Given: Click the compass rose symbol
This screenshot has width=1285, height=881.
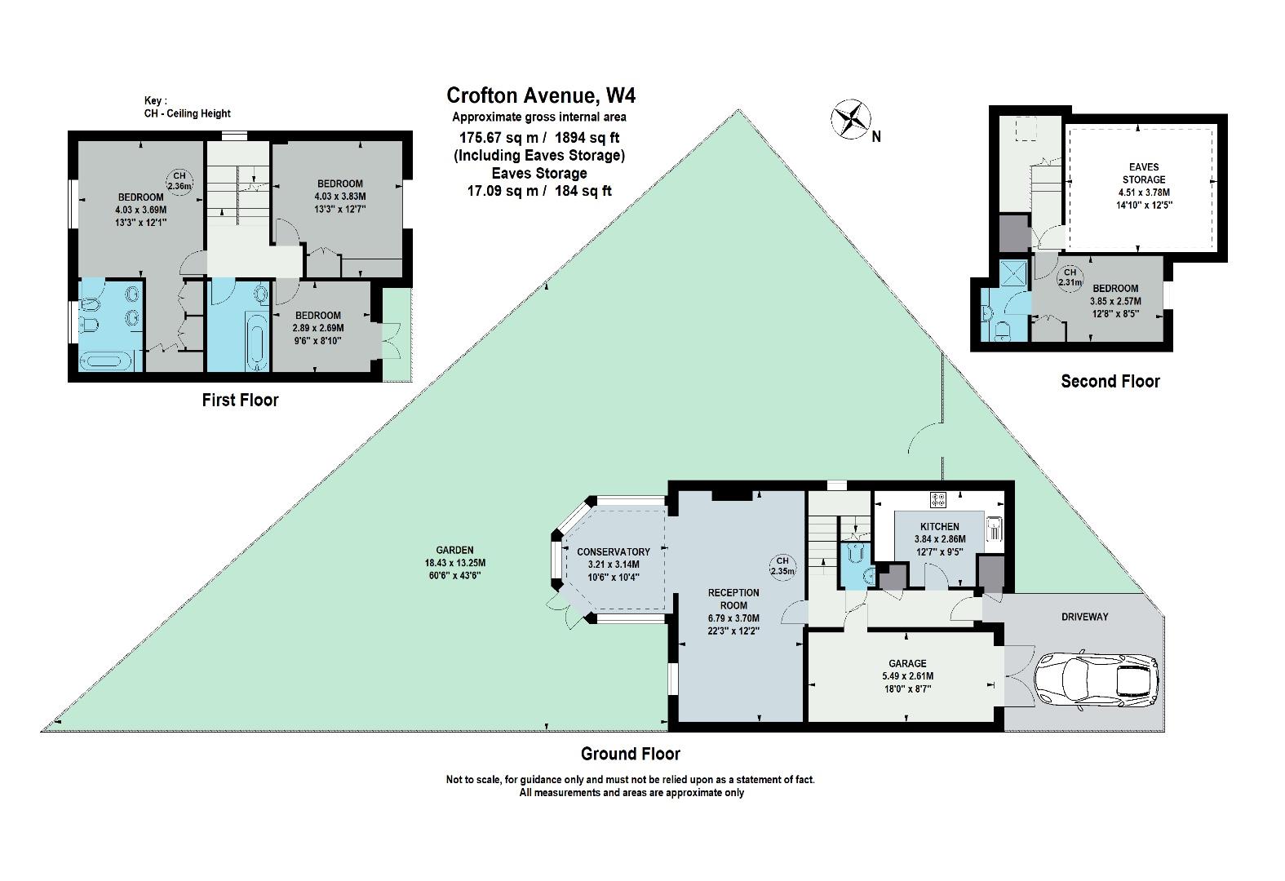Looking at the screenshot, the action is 850,119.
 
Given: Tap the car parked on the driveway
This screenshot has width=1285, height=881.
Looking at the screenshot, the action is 1097,680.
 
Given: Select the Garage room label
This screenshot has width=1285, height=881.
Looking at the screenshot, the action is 907,663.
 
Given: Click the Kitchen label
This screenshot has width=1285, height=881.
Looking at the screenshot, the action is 940,526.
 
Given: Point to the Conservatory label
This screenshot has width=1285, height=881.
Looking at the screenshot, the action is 614,551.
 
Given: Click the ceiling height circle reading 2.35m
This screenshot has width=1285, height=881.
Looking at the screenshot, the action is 782,566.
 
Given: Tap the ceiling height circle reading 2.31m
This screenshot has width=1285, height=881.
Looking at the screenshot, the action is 1070,277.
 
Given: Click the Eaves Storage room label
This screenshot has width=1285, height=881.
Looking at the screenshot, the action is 1144,173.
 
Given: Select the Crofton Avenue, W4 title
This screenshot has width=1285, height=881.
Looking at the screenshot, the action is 541,95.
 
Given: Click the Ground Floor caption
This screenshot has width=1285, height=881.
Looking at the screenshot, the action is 631,754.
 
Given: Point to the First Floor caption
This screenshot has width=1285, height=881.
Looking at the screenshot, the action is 240,400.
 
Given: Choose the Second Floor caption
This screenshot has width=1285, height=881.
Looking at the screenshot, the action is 1110,382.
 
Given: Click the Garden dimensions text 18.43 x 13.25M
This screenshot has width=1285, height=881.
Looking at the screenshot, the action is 455,563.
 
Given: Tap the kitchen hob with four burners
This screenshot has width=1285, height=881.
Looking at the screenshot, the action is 938,499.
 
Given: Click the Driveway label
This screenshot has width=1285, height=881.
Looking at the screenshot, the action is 1085,618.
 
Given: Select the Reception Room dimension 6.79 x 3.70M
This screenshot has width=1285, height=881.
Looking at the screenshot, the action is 733,618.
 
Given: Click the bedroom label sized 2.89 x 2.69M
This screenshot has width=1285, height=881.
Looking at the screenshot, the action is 318,316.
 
